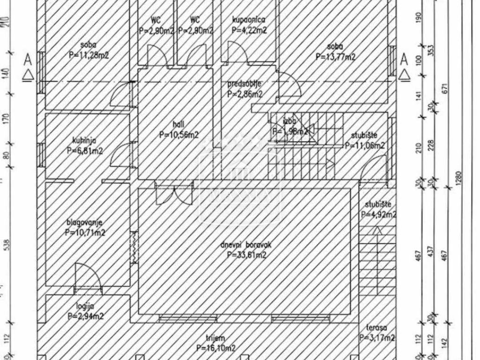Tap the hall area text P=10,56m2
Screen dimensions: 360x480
pos(179,135)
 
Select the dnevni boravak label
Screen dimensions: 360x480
pos(247,245)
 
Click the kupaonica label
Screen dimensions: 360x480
pos(249,20)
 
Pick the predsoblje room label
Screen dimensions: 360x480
pos(245,84)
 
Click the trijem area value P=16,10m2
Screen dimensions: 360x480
pos(216,348)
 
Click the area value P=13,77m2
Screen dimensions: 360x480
pos(335,57)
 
